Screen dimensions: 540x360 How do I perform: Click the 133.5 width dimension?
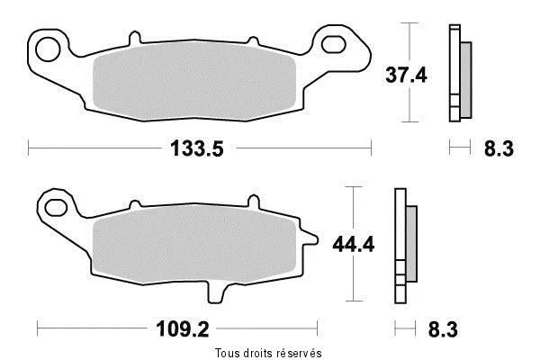click(x=197, y=148)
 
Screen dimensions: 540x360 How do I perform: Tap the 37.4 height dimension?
click(x=406, y=75)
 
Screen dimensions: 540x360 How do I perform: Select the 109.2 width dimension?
click(x=183, y=329)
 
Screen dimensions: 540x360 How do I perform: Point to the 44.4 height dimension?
click(x=354, y=245)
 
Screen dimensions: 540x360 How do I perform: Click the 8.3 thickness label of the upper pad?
click(x=499, y=148)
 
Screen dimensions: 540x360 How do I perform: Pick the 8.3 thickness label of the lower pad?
click(x=443, y=329)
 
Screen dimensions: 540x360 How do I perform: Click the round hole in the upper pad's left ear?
click(x=49, y=49)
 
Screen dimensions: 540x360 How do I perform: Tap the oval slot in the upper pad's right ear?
click(x=333, y=44)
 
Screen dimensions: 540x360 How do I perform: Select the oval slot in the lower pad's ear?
click(x=56, y=207)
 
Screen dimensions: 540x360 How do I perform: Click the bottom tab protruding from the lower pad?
click(x=215, y=292)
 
